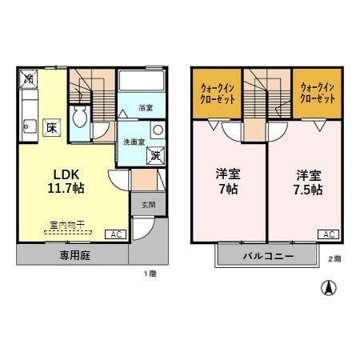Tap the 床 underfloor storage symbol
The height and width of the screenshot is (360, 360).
tap(50, 127)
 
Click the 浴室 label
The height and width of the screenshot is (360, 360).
tap(145, 107)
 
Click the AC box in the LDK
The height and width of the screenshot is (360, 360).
tap(115, 235)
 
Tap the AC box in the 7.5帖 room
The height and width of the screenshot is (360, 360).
tap(329, 234)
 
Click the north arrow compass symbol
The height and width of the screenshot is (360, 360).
tap(327, 287)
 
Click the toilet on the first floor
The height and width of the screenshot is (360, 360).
tap(79, 120)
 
